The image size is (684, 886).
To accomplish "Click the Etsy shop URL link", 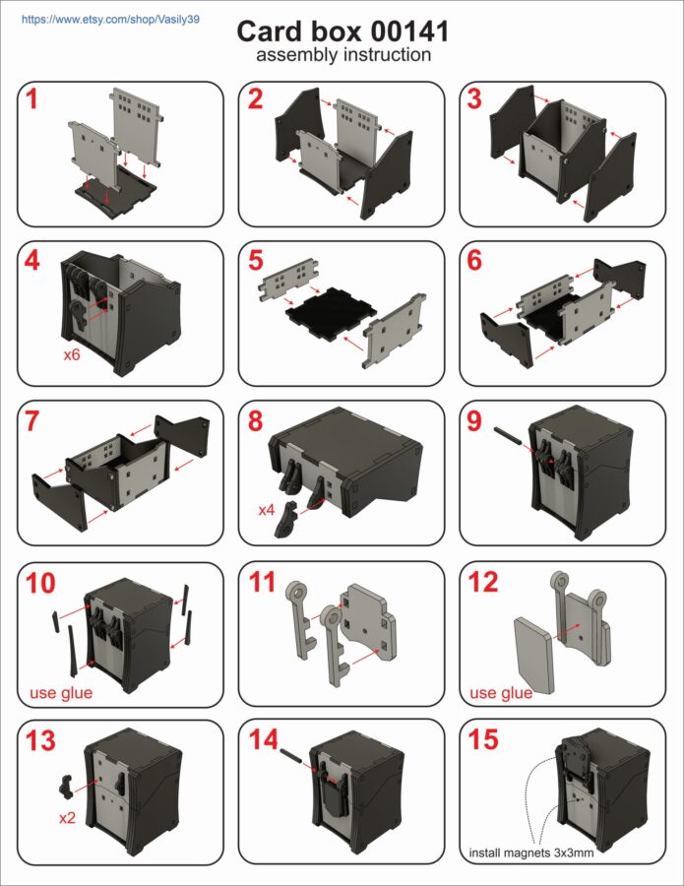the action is (x=110, y=20).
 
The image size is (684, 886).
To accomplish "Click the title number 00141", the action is (x=409, y=32).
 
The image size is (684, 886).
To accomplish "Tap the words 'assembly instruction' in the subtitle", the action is (x=343, y=55).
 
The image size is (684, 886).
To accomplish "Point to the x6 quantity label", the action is (x=72, y=355).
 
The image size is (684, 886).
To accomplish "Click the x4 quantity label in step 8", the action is (x=266, y=510).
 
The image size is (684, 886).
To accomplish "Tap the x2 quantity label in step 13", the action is (x=67, y=818).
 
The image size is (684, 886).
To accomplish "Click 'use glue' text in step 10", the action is (x=61, y=692).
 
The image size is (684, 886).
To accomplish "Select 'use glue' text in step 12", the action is (x=501, y=692).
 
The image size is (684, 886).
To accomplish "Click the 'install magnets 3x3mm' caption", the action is (x=531, y=853).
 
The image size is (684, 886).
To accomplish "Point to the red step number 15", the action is (x=483, y=739).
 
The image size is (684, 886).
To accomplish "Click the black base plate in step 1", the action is (x=116, y=195).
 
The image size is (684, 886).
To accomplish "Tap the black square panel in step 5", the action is (x=327, y=314).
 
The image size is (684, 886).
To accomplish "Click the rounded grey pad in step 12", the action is (x=534, y=655).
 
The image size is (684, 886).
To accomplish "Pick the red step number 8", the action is (x=255, y=421).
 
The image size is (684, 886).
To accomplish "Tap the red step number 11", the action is (x=263, y=582).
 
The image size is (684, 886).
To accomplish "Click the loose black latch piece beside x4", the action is (x=286, y=518).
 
